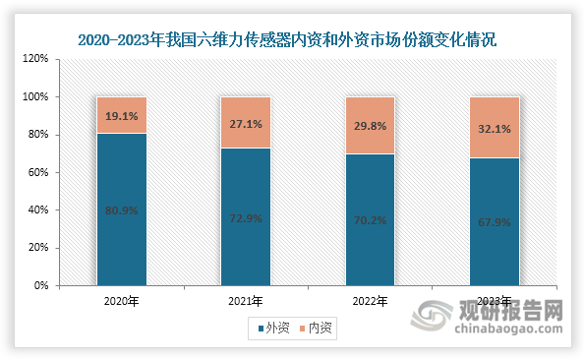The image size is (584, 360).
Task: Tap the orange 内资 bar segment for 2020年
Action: point(121,115)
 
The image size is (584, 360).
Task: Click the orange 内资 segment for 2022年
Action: point(370,125)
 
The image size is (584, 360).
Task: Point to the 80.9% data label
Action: point(121,210)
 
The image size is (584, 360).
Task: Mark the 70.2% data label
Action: point(370,220)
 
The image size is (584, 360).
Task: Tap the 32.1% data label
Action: point(494,128)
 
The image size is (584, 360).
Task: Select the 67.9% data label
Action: point(494,222)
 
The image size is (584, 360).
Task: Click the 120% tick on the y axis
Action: point(36,59)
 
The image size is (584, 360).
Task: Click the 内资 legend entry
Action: point(317,330)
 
